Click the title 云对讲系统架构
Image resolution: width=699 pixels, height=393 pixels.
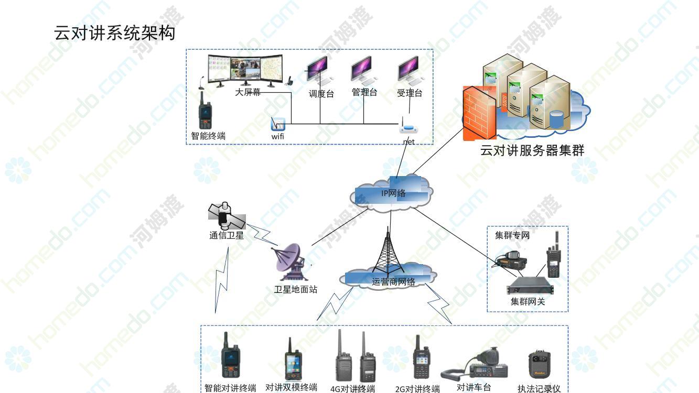[x=114, y=34]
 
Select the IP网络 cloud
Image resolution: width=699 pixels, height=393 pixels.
[x=393, y=193]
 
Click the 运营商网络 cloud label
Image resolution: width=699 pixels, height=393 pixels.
[x=393, y=282]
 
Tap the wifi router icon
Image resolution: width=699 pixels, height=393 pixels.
[x=278, y=125]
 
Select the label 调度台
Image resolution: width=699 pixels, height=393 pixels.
[x=321, y=94]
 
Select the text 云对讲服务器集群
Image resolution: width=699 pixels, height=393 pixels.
[x=532, y=150]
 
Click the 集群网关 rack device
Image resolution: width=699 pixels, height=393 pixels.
[x=530, y=288]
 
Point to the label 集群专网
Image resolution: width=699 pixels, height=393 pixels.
[x=512, y=235]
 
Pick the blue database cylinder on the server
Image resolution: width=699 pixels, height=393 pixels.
[x=556, y=120]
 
